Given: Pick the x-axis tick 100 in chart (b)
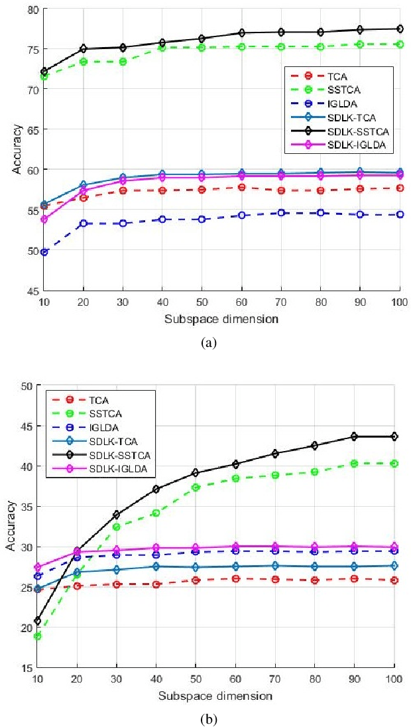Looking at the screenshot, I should (395, 679).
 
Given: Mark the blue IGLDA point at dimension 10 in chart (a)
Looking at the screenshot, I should (44, 252).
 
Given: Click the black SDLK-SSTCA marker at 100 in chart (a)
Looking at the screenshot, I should (400, 29).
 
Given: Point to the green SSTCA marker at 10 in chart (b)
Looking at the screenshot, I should (38, 636).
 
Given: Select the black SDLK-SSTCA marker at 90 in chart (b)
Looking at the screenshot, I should (355, 436).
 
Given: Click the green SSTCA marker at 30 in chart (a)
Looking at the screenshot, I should (123, 61).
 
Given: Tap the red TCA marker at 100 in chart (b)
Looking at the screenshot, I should (394, 580).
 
